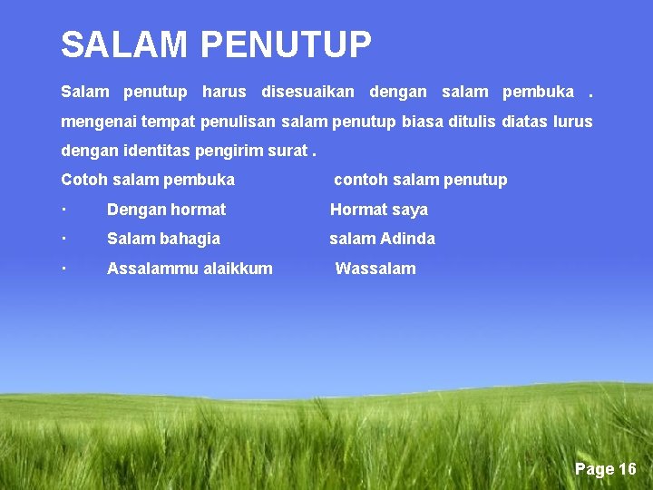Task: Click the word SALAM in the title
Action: pyautogui.click(x=123, y=44)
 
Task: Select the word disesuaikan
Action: pyautogui.click(x=307, y=92)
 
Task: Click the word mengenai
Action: pyautogui.click(x=93, y=122)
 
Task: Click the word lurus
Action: pyautogui.click(x=572, y=122)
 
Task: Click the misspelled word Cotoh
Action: pyautogui.click(x=83, y=180)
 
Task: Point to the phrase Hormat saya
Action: pyautogui.click(x=378, y=210)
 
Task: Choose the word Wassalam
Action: pyautogui.click(x=375, y=269)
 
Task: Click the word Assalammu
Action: pyautogui.click(x=145, y=269)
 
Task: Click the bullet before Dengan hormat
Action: pyautogui.click(x=64, y=209)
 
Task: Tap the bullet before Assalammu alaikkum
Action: pyautogui.click(x=64, y=268)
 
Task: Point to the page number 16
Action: pyautogui.click(x=628, y=469)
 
